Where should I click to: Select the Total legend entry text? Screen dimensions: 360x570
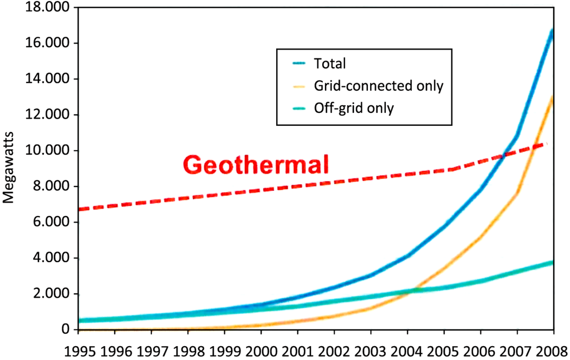330,63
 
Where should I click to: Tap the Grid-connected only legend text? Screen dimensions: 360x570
379,86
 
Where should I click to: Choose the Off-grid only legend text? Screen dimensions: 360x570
353,108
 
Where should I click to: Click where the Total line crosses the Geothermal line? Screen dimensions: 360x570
505,155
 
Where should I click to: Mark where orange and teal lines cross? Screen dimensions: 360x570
413,290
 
